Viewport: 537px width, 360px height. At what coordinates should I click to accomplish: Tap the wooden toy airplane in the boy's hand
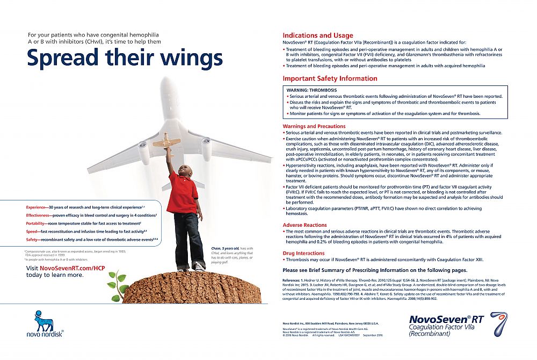(166, 142)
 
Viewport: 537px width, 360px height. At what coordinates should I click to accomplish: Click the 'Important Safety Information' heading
(330, 78)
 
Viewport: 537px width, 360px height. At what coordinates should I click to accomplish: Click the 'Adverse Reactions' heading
(304, 225)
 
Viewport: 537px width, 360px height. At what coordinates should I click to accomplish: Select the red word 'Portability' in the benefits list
(37, 223)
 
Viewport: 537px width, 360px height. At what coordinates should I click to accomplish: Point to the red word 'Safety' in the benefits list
(33, 239)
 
